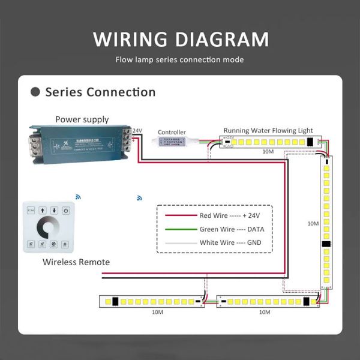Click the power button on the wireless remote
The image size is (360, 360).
[x=66, y=211]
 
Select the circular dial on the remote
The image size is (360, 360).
[x=47, y=229]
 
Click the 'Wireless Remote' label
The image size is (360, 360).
[x=76, y=262]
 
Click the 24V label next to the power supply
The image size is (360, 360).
[x=137, y=131]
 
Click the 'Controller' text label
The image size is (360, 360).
[x=172, y=132]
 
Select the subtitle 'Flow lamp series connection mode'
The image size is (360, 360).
[x=180, y=60]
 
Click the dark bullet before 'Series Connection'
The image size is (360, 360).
[x=35, y=92]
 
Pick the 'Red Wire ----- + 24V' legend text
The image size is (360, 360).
[x=235, y=215]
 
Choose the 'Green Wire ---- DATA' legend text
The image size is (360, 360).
[x=235, y=229]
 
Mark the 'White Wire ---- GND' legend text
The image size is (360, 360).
[x=235, y=243]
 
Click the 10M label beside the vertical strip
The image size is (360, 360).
[x=313, y=223]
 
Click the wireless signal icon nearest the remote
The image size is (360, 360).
[x=78, y=196]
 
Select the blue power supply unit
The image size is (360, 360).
[x=78, y=144]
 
